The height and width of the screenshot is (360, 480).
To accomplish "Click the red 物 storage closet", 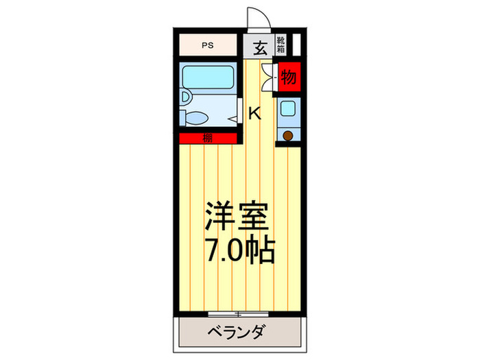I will coord(289,77).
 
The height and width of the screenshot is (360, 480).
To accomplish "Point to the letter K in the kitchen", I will coord(254,114).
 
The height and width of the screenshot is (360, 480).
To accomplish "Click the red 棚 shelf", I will coord(207,139).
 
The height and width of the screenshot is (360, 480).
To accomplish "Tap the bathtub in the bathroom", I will coord(209,77).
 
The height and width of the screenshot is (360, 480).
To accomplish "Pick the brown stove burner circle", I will coord(288,136).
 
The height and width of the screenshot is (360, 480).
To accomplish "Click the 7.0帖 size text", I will coord(239,251).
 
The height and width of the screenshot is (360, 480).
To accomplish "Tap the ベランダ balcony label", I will coord(237,333).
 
